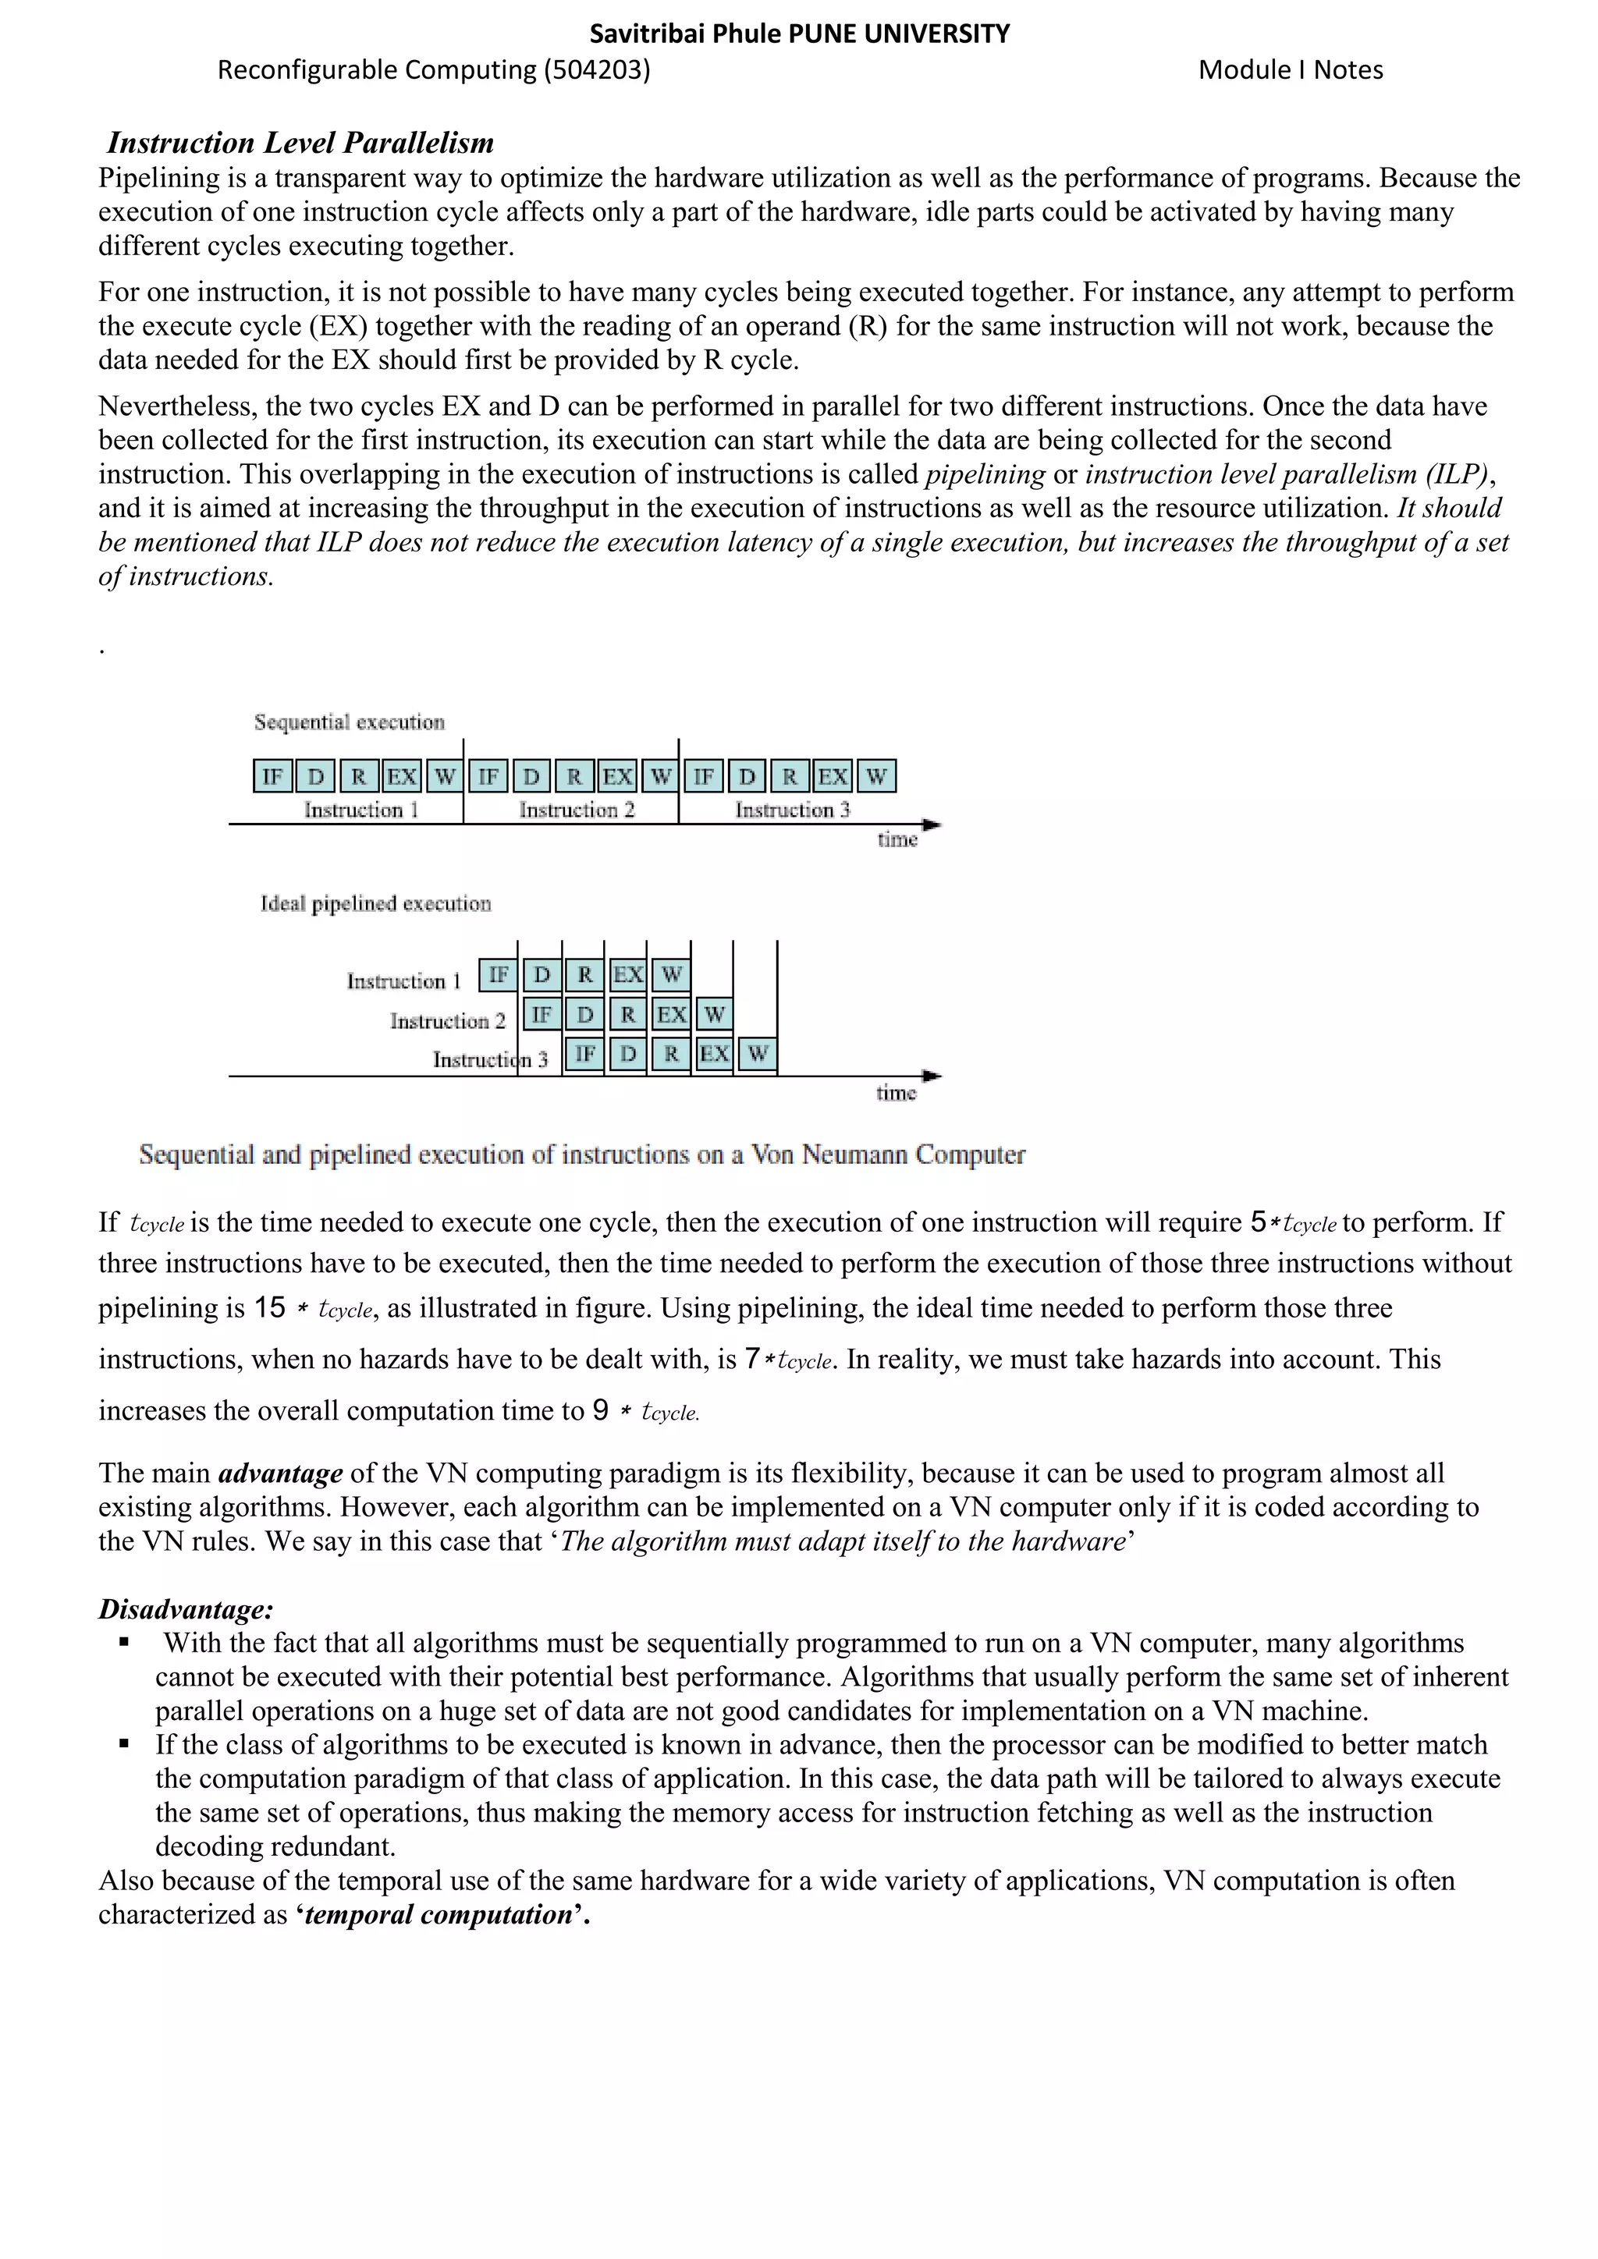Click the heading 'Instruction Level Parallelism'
[300, 143]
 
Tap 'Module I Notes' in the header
[1290, 70]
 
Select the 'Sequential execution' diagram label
[350, 722]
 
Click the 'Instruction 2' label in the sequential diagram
[577, 810]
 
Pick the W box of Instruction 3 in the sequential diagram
[875, 776]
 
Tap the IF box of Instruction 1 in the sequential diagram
[272, 776]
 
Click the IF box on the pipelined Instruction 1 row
[498, 975]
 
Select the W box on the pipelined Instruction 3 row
[757, 1054]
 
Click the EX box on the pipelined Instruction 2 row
[671, 1014]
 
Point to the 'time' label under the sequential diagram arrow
[897, 839]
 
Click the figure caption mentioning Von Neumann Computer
[581, 1154]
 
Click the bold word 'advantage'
[280, 1473]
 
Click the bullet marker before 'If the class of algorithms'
[124, 1743]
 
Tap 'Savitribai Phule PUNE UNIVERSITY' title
[799, 34]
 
